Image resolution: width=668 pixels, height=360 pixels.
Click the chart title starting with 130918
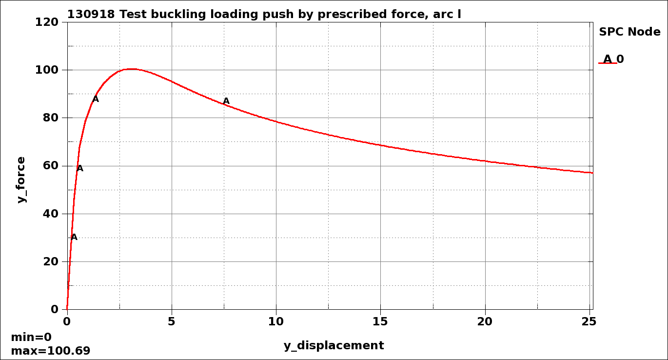[x=264, y=14]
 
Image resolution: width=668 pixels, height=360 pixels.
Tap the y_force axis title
[x=21, y=180]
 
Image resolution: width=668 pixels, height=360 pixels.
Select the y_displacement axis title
[x=334, y=345]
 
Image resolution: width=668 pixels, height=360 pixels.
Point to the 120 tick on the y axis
[x=47, y=22]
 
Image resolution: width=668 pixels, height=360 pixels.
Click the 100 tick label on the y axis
[x=47, y=70]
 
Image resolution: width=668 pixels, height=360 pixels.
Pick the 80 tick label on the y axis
[x=51, y=118]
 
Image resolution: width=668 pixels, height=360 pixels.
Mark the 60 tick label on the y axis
[x=51, y=166]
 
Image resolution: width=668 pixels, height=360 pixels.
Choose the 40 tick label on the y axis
[x=51, y=214]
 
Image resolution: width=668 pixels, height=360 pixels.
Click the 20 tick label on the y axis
[x=51, y=261]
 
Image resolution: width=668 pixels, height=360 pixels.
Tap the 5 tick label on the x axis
[x=172, y=321]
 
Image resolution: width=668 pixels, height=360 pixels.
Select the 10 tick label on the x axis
[x=276, y=321]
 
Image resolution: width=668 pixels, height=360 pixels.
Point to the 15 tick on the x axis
[x=380, y=321]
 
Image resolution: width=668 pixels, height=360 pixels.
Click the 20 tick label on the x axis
[x=485, y=321]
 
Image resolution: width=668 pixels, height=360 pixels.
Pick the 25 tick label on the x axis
[x=589, y=321]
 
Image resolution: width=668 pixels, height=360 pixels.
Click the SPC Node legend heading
[x=629, y=32]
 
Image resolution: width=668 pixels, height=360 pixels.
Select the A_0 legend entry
[x=613, y=60]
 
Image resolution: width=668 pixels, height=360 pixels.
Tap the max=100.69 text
[x=50, y=351]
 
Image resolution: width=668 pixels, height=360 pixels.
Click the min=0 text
[x=31, y=337]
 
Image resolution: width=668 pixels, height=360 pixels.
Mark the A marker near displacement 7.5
[x=226, y=101]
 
